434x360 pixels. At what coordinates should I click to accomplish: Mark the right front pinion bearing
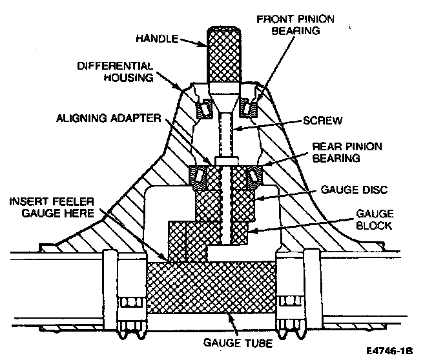tap(249, 104)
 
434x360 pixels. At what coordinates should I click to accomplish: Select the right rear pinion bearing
tap(253, 176)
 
